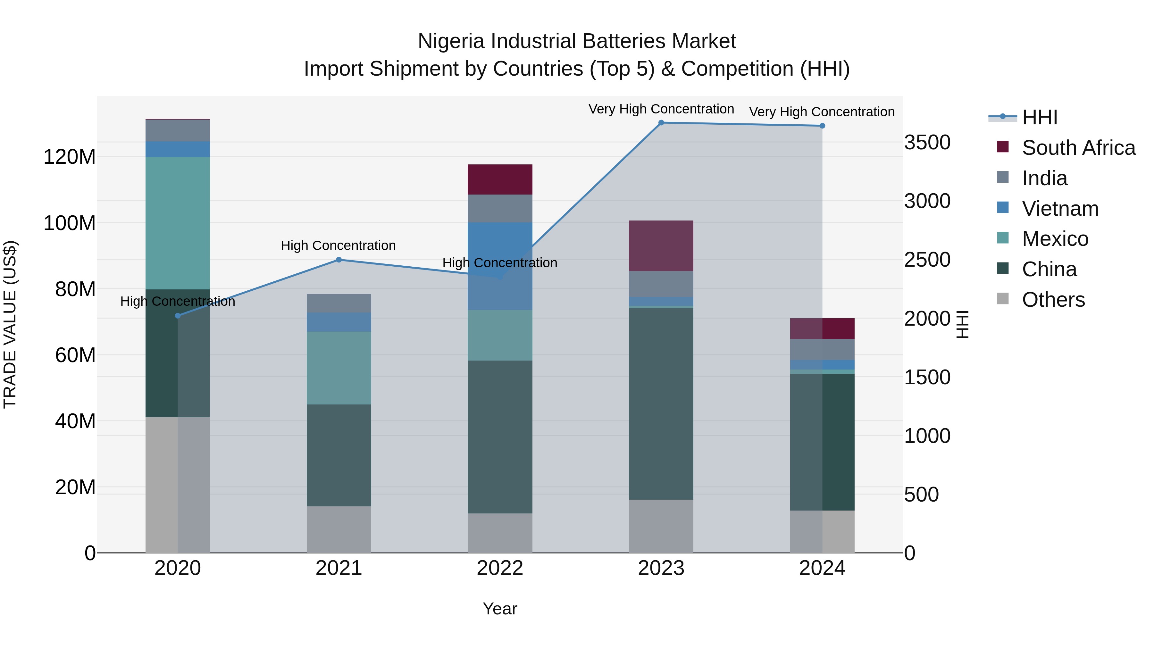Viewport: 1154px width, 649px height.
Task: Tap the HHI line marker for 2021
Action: [339, 260]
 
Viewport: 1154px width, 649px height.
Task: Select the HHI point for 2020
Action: [178, 316]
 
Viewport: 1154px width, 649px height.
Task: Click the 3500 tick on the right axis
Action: [927, 142]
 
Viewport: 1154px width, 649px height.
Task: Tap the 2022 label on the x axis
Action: [500, 568]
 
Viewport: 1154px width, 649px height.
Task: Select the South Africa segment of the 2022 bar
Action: [500, 179]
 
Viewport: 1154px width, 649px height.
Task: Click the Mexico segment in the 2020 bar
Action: [178, 223]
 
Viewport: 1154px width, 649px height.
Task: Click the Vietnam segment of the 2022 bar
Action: [500, 266]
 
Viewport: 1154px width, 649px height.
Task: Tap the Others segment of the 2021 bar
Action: [339, 529]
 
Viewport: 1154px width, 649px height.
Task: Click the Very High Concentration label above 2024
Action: [822, 112]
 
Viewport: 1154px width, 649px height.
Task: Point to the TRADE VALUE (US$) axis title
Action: [10, 324]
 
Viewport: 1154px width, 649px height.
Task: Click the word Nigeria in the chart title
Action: [451, 41]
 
